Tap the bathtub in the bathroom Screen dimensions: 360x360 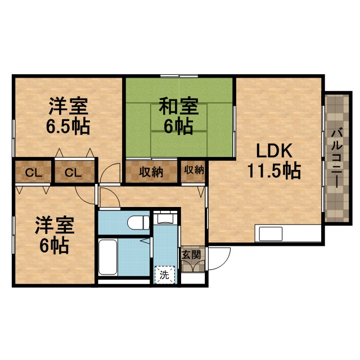(x=108, y=256)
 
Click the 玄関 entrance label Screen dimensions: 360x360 (x=188, y=255)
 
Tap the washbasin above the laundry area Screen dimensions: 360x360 (x=165, y=218)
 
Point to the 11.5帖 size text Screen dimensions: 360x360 (x=273, y=170)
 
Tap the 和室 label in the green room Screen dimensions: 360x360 (x=177, y=105)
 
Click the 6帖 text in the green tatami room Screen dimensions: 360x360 (x=178, y=125)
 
